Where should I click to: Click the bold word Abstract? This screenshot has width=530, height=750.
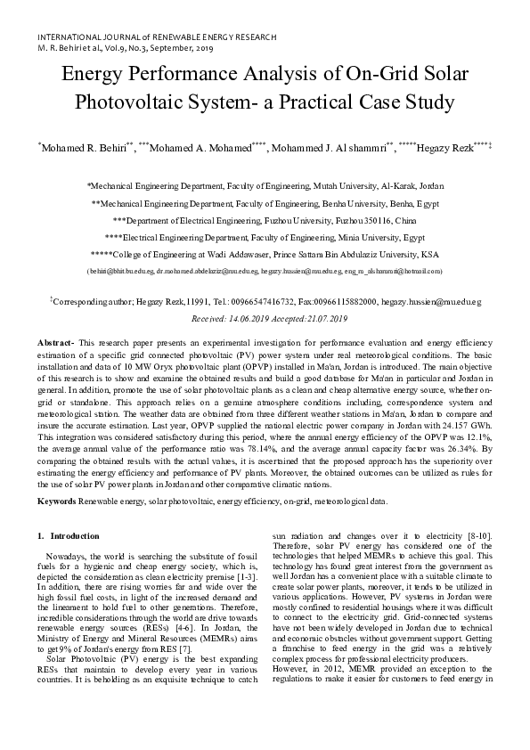point(56,343)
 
